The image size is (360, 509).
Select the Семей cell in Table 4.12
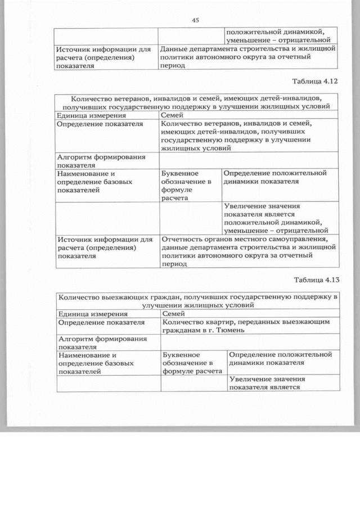point(172,115)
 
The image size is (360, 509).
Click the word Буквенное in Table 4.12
point(181,173)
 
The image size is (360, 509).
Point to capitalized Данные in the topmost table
point(174,49)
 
